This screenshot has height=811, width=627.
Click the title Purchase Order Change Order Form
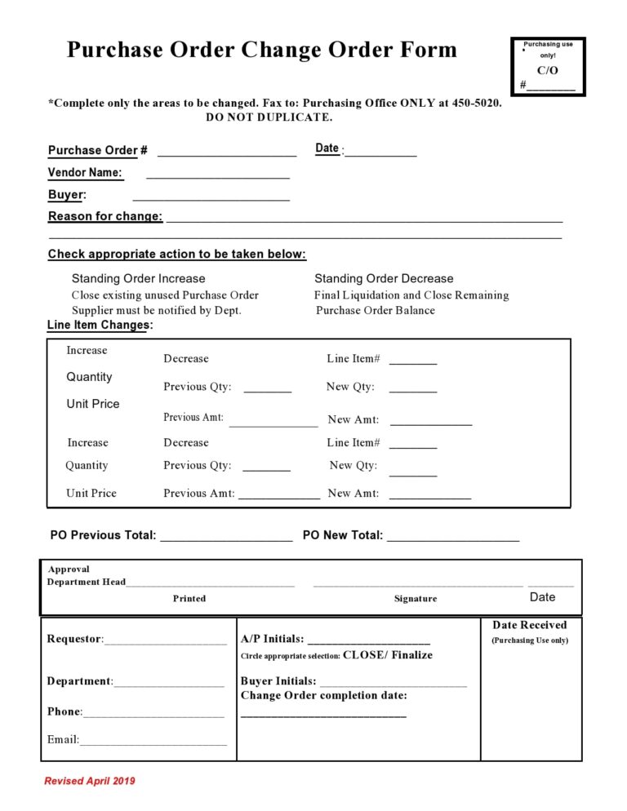coord(261,50)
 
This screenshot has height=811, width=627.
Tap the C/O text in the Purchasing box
coord(547,71)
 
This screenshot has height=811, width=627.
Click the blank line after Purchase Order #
coord(226,153)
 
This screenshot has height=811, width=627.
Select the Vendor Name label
coord(85,173)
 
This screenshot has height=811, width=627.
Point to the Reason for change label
coord(105,217)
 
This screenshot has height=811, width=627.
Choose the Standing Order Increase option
coord(138,278)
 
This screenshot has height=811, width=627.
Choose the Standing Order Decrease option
coord(384,278)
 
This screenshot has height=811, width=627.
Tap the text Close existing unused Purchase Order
coord(165,295)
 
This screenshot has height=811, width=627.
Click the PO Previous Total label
coord(103,535)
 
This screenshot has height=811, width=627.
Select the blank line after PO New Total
coord(453,538)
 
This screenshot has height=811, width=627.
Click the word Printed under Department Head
coord(189,598)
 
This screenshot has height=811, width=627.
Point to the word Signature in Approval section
coord(416,598)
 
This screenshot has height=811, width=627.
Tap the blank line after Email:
coord(153,742)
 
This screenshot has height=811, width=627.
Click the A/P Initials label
coord(272,639)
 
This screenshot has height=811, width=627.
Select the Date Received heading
coord(529,625)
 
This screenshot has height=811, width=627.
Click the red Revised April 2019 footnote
coord(90,781)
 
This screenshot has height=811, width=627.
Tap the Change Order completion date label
coord(323,695)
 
